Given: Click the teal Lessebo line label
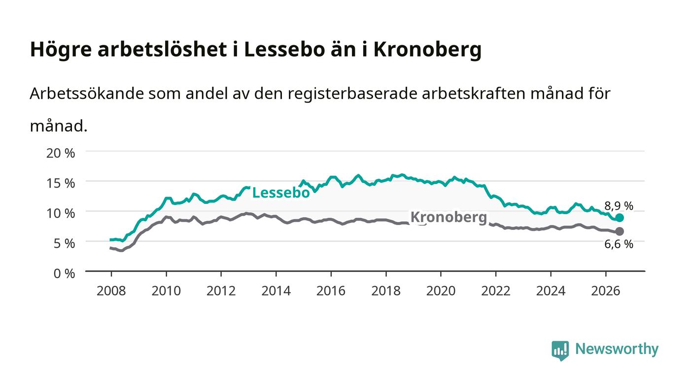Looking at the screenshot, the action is pos(280,193).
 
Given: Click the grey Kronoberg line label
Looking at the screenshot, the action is pos(448,217).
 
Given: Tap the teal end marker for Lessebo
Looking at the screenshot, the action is pos(620,218).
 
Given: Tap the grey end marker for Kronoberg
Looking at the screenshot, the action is pos(620,231).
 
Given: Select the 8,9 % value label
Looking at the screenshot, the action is pos(619,206).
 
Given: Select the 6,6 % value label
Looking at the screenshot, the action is pos(619,244).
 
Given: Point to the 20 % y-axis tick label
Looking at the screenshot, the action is pos(61,153).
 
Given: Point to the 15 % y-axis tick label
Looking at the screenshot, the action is pos(61,183).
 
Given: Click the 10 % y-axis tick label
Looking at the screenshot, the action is pos(61,213).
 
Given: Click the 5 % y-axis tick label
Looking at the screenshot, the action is pos(65,244).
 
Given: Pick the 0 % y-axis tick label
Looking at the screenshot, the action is pos(65,273).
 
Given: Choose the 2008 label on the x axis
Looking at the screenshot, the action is pos(111,291).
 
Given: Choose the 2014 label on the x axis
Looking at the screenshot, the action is pos(276,291).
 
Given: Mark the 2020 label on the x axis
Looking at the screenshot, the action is pos(441,291).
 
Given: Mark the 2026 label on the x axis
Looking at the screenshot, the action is pos(606,291).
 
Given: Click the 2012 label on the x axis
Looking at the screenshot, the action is pos(221,291).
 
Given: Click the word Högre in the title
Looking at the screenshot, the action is pos(61,50).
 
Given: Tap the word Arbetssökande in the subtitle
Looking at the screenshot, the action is pos(87,93).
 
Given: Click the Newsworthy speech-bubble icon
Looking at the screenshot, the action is pos(560,351).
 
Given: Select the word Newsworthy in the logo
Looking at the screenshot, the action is pos(617,349).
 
